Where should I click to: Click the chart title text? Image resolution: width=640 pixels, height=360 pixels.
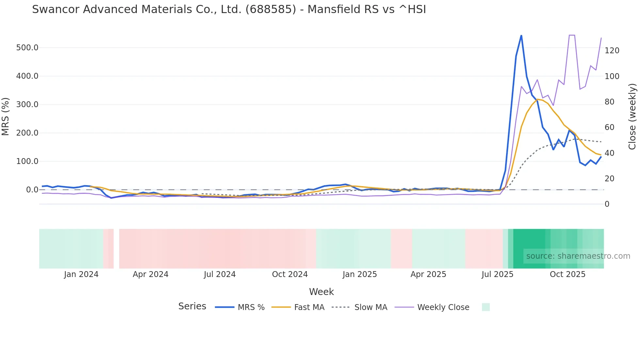229,9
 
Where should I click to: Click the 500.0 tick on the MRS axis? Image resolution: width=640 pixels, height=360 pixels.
27,48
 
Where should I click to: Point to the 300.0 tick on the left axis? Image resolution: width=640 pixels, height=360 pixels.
27,105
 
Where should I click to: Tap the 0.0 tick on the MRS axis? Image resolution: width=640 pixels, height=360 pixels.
32,190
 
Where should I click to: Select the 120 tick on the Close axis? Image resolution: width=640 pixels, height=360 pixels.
612,51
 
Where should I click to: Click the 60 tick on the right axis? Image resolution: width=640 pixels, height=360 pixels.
609,127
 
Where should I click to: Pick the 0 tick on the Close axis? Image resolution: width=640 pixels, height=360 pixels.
607,204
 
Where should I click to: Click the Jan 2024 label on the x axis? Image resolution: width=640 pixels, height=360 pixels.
81,274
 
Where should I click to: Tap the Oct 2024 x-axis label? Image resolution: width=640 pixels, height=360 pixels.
290,274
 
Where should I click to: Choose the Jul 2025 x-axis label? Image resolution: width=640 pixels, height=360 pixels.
497,274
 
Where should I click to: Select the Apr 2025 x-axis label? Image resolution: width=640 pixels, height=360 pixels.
428,274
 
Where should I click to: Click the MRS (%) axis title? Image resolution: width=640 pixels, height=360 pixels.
6,116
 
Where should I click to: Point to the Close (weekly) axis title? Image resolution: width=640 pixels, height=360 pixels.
632,116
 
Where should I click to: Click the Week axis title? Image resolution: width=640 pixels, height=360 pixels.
321,292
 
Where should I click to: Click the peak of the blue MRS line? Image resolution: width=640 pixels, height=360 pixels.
521,35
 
